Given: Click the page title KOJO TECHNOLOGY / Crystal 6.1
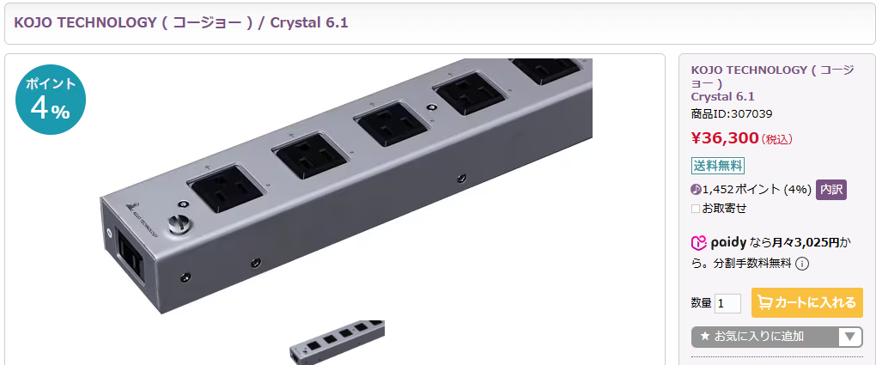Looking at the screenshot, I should coord(181,21).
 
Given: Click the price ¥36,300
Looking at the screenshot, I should coord(725,138).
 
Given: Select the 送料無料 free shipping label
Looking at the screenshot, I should coord(718,166).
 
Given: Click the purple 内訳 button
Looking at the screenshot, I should coord(830,189).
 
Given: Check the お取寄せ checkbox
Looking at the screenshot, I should coord(696,208).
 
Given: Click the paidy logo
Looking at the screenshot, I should coord(720,242).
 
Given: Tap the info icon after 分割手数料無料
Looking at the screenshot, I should coord(801,264).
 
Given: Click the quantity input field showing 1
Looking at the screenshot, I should coord(727,303).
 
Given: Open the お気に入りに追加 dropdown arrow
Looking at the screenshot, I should coord(849,337).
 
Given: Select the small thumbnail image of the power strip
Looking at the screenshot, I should coord(337,342).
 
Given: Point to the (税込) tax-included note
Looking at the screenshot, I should coord(777,139).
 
